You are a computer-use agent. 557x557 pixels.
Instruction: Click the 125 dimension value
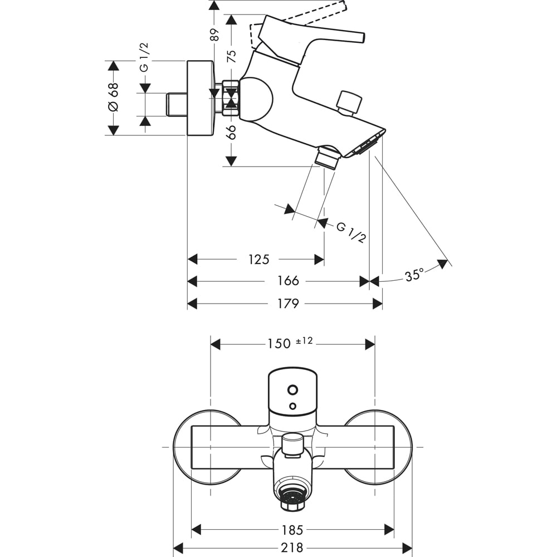[259, 260]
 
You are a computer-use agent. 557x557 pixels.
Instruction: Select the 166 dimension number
[288, 281]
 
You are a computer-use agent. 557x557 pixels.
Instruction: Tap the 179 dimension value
[288, 304]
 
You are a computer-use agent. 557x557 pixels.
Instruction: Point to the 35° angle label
[414, 275]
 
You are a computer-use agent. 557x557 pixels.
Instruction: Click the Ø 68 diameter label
[113, 97]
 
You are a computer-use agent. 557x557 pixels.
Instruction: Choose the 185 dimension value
[292, 529]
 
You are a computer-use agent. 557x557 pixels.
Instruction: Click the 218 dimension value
[292, 548]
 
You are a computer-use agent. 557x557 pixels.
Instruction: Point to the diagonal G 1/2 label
[351, 232]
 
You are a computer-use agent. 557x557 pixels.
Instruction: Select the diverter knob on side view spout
[349, 103]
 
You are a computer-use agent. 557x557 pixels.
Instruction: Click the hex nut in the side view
[231, 99]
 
